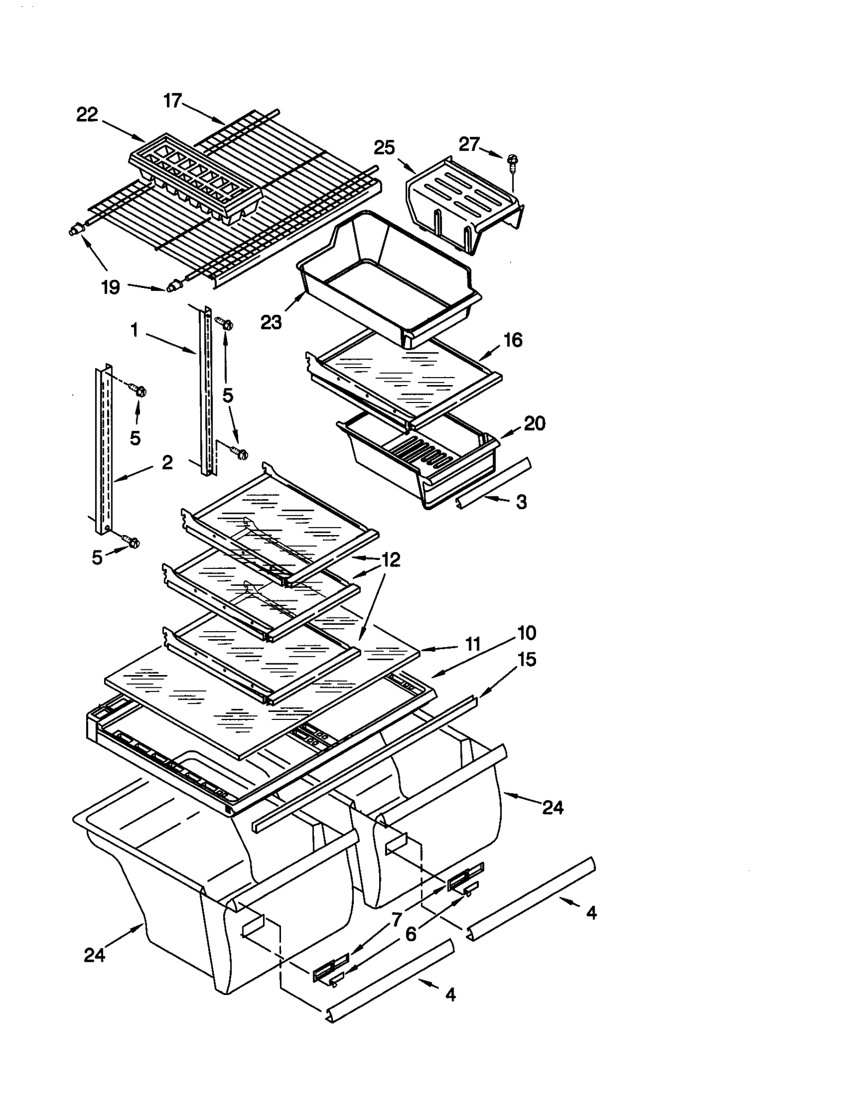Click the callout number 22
tap(87, 115)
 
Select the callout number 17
tap(173, 100)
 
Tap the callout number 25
tap(384, 147)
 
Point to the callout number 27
tap(469, 144)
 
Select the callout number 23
tap(271, 322)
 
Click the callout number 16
tap(513, 340)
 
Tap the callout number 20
tap(534, 423)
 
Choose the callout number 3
tap(521, 502)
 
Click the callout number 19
tap(110, 287)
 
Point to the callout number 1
tap(134, 331)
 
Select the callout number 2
tap(167, 463)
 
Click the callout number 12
tap(391, 559)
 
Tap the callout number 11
tap(473, 644)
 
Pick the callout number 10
tap(527, 632)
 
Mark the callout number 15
tap(527, 659)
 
